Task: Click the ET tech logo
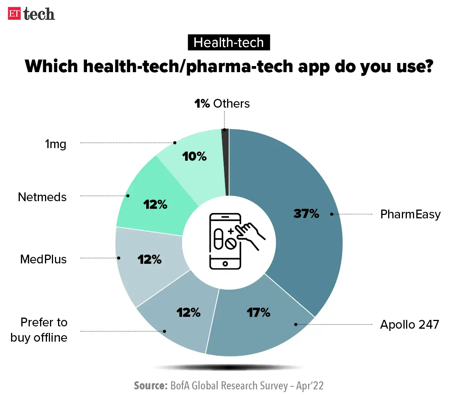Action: pyautogui.click(x=31, y=14)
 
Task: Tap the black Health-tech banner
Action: pyautogui.click(x=229, y=42)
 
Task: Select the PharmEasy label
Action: pyautogui.click(x=410, y=214)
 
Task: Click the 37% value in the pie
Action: pyautogui.click(x=306, y=213)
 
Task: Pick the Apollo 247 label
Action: pyautogui.click(x=410, y=324)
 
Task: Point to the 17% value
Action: pyautogui.click(x=258, y=313)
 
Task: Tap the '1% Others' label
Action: pyautogui.click(x=222, y=103)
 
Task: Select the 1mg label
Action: pyautogui.click(x=56, y=144)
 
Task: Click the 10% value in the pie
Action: pyautogui.click(x=194, y=156)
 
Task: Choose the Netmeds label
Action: pyautogui.click(x=42, y=197)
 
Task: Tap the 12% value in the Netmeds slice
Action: pyautogui.click(x=155, y=205)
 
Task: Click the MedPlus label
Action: pyautogui.click(x=44, y=259)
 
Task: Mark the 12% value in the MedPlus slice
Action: pyautogui.click(x=150, y=260)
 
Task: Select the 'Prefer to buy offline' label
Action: pyautogui.click(x=39, y=330)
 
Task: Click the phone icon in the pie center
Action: pyautogui.click(x=225, y=241)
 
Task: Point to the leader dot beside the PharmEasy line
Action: pyautogui.click(x=332, y=214)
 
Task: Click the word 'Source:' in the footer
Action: pyautogui.click(x=151, y=386)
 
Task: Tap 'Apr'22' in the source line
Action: pyautogui.click(x=310, y=386)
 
